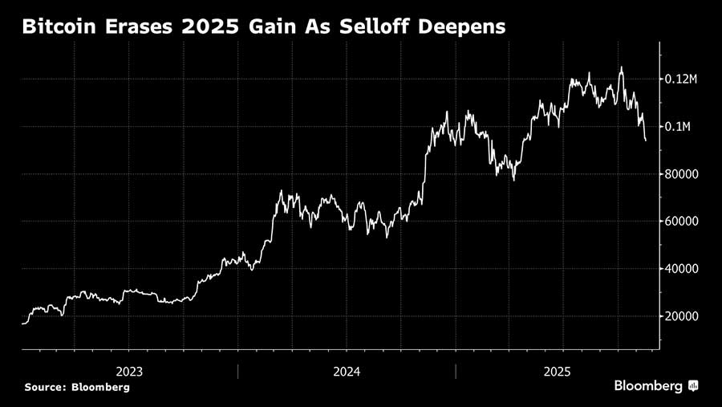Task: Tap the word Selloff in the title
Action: click(x=376, y=27)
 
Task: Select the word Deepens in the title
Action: click(x=463, y=27)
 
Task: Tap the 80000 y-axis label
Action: click(x=683, y=174)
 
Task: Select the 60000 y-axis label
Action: click(x=683, y=222)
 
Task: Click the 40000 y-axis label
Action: click(x=683, y=269)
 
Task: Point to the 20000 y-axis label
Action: click(x=683, y=316)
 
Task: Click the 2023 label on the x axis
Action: click(x=129, y=372)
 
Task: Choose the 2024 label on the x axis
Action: click(x=347, y=372)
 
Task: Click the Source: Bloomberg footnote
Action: click(x=76, y=387)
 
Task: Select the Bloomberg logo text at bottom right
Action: click(x=648, y=386)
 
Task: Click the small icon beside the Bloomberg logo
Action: click(x=693, y=386)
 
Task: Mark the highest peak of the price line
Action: click(x=621, y=67)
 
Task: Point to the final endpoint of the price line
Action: click(x=646, y=140)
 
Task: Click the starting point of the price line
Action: click(x=22, y=324)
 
